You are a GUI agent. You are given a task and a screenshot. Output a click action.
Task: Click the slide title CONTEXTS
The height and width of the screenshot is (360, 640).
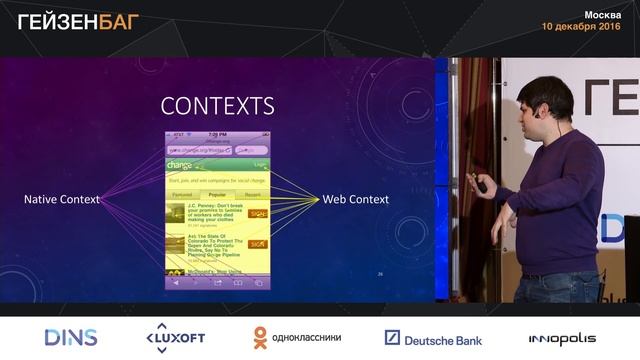[x=217, y=106]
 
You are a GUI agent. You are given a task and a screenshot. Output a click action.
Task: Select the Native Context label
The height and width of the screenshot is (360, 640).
[x=62, y=200]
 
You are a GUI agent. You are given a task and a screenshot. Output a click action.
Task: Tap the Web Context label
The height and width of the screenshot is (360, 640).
[x=355, y=200]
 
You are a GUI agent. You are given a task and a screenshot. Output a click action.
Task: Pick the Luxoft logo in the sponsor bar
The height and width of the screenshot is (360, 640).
[x=175, y=338]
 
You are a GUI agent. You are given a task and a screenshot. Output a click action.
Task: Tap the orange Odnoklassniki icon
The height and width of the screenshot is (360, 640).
[x=260, y=338]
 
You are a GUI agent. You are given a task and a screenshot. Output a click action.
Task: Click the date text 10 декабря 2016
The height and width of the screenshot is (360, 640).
[x=580, y=27]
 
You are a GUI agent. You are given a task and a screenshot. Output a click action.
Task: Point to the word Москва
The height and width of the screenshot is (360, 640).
[x=602, y=14]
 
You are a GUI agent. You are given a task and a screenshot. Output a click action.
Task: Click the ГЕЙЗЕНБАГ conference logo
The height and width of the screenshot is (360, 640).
[x=79, y=21]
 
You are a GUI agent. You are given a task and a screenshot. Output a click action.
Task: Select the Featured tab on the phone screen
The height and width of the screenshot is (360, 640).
[x=182, y=195]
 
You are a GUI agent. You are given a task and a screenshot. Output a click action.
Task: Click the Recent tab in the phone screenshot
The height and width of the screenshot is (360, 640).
[x=252, y=195]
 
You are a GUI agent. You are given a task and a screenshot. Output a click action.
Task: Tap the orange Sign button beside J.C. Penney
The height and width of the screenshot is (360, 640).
[x=257, y=213]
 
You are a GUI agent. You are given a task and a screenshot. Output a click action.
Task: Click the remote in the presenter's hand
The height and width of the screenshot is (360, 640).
[x=481, y=186]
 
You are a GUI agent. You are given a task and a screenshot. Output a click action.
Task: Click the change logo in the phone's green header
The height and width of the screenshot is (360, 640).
[x=180, y=165]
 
